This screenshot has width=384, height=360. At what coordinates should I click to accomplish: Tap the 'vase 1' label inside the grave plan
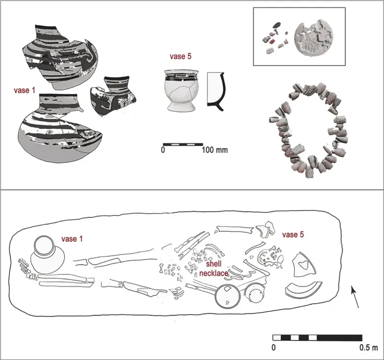[x=71, y=239]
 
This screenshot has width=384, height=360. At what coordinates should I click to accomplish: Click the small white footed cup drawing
[x=179, y=90]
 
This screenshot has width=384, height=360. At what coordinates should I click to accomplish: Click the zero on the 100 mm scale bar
[x=163, y=150]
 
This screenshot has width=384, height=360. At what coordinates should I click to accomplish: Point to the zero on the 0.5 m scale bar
[x=274, y=348]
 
